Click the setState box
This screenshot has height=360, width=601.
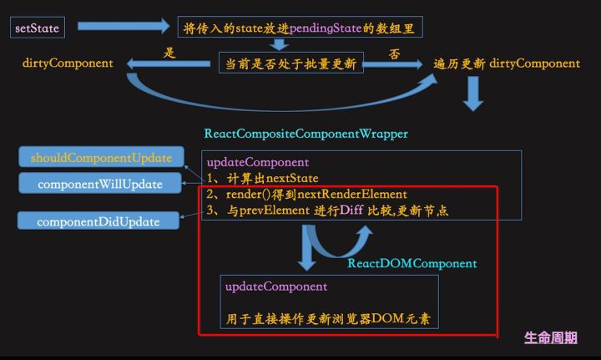(38, 28)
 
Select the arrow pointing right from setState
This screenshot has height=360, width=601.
(123, 27)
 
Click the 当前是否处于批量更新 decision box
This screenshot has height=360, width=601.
(290, 63)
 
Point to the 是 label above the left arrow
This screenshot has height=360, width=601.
(169, 53)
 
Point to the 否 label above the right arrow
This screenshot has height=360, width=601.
(394, 53)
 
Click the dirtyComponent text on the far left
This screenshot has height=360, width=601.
(68, 63)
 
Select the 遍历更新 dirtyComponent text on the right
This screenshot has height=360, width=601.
(507, 63)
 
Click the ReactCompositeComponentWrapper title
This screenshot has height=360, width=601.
(306, 134)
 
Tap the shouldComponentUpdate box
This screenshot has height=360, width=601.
(101, 157)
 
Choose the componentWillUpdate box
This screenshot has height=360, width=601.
(100, 184)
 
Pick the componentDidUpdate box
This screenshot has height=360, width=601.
(98, 221)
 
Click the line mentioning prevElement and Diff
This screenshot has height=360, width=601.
(326, 210)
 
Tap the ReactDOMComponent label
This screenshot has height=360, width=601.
(412, 263)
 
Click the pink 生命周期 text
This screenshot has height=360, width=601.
(550, 337)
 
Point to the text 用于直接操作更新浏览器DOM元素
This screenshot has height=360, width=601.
(332, 319)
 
